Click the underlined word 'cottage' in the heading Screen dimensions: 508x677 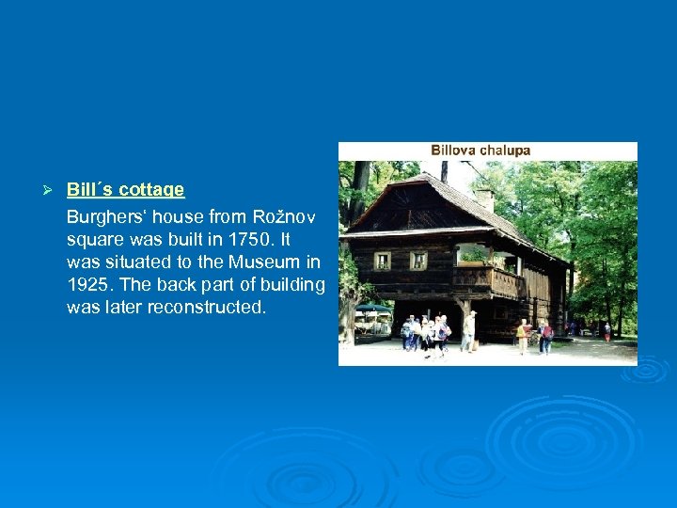153,190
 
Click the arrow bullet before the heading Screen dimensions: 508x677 53,190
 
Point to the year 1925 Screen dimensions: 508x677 88,284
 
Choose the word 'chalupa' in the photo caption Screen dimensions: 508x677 505,151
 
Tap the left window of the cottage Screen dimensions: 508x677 382,261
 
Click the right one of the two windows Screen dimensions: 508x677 418,261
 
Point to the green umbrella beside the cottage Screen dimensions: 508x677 372,308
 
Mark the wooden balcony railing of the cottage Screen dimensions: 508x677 488,279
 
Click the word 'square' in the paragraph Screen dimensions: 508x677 92,239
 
